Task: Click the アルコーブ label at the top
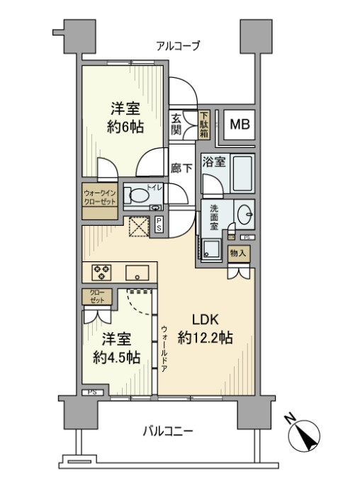[x=178, y=46]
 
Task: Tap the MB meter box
[x=240, y=125]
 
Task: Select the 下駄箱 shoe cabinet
[x=204, y=125]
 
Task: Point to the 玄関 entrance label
[x=176, y=124]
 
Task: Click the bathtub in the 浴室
[x=243, y=174]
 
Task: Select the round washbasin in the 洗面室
[x=245, y=214]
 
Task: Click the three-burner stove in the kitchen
[x=101, y=273]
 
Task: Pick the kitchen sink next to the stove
[x=137, y=273]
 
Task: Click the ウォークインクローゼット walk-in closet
[x=100, y=201]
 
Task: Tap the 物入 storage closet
[x=238, y=253]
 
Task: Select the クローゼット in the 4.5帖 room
[x=97, y=297]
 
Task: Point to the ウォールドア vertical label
[x=164, y=348]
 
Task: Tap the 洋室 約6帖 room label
[x=125, y=118]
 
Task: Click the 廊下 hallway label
[x=181, y=169]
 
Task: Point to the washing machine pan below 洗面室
[x=211, y=249]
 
